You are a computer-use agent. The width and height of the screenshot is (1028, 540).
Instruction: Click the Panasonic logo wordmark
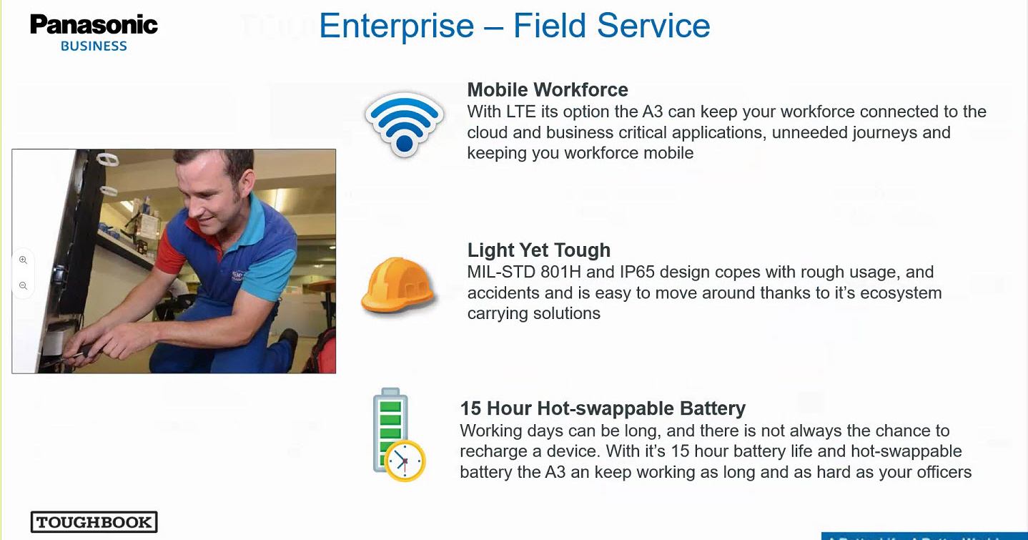[94, 24]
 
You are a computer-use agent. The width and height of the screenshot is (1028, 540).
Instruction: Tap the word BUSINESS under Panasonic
[94, 46]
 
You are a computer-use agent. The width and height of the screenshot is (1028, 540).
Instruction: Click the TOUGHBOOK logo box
[94, 521]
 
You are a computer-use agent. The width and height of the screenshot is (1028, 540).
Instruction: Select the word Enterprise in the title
[397, 26]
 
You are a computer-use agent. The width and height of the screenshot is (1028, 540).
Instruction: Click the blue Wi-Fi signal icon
[405, 124]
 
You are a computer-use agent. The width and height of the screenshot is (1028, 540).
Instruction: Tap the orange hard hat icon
[398, 285]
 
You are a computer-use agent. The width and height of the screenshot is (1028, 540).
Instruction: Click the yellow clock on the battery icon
[405, 461]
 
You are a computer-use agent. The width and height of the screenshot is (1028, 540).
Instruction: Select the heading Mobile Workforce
[548, 89]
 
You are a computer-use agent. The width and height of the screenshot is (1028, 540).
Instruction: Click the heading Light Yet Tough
[539, 250]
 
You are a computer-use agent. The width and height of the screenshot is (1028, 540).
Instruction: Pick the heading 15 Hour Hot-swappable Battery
[603, 408]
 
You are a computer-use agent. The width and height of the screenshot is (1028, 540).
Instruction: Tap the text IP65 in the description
[637, 272]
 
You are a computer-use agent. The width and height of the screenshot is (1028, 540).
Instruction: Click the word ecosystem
[901, 293]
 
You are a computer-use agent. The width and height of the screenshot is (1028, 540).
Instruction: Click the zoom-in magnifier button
[23, 260]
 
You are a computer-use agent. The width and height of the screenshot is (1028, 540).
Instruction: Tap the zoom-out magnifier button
[23, 285]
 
